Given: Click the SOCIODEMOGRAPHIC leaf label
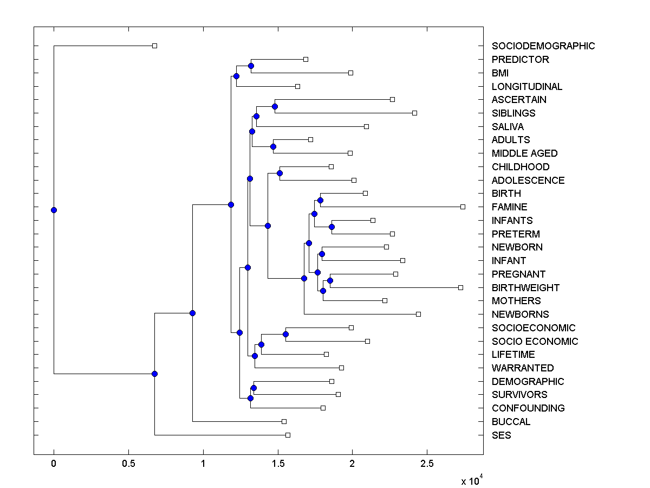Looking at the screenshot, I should (x=543, y=46).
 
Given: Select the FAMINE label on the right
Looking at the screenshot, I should (x=509, y=207).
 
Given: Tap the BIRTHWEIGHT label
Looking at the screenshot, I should (x=525, y=287).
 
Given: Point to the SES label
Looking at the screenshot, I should (x=501, y=435).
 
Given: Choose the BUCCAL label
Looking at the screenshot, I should (x=511, y=421).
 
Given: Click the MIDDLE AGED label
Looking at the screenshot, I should (x=524, y=153).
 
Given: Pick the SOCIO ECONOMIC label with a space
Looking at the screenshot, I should (x=535, y=341).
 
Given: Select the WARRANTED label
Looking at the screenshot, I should (x=523, y=368).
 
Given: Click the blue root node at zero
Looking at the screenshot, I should (x=54, y=210).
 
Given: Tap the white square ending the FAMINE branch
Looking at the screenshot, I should (x=463, y=207).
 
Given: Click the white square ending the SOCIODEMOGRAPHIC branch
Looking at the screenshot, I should (x=154, y=46).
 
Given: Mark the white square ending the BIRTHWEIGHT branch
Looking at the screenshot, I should (x=460, y=287).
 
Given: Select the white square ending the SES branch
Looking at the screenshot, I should (x=288, y=435).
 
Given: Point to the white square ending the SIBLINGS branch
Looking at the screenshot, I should (x=414, y=113).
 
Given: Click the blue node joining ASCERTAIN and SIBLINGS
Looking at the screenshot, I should (x=275, y=106).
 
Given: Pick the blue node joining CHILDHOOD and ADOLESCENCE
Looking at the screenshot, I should (x=279, y=173).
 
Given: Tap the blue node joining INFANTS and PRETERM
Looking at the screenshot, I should (x=331, y=227).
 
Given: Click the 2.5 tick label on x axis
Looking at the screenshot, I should (x=427, y=464).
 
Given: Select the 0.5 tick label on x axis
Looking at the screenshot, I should (x=128, y=464).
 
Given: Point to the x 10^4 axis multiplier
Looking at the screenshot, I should (x=469, y=481).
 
